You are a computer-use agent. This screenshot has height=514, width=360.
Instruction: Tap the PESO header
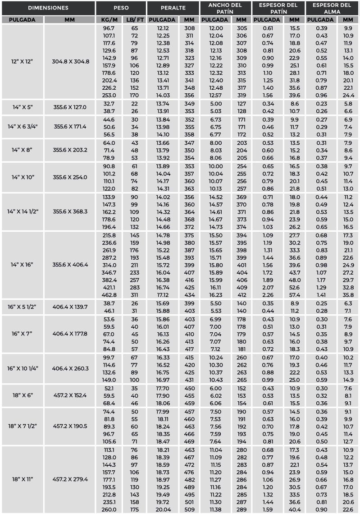(121, 8)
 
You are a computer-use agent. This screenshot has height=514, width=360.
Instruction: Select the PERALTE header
(173, 8)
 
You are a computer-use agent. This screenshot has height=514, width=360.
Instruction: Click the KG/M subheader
(109, 20)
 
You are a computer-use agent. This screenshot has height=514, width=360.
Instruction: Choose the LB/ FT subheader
(134, 20)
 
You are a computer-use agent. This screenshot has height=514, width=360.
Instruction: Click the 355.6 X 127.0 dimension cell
(70, 107)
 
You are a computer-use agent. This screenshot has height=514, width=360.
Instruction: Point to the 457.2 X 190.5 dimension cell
(70, 426)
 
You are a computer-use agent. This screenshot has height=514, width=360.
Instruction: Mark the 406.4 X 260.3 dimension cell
(70, 368)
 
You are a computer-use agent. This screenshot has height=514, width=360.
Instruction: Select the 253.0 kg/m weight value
(109, 95)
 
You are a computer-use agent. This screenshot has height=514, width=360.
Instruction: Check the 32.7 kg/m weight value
(109, 103)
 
